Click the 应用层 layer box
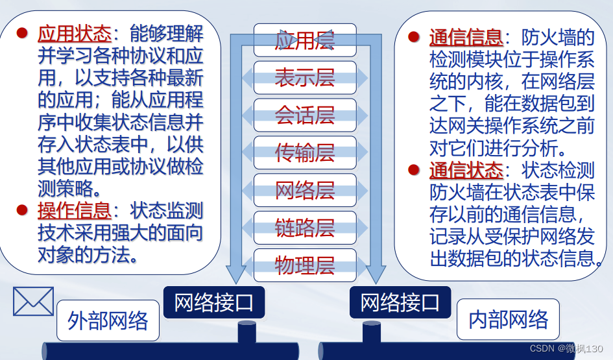[304, 40]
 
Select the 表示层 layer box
[304, 78]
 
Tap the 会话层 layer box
[304, 115]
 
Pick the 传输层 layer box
[304, 153]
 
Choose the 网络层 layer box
[304, 190]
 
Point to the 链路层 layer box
[304, 228]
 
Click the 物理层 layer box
[304, 265]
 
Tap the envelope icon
[33, 302]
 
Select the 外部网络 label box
[108, 320]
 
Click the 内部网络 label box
[508, 319]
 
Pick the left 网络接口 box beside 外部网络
[213, 302]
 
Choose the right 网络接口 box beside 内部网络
[400, 302]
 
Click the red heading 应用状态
[75, 33]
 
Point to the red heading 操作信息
[75, 210]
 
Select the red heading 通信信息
[466, 37]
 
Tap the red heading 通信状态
[466, 171]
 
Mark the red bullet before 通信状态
[414, 170]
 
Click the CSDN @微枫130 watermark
[566, 349]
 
